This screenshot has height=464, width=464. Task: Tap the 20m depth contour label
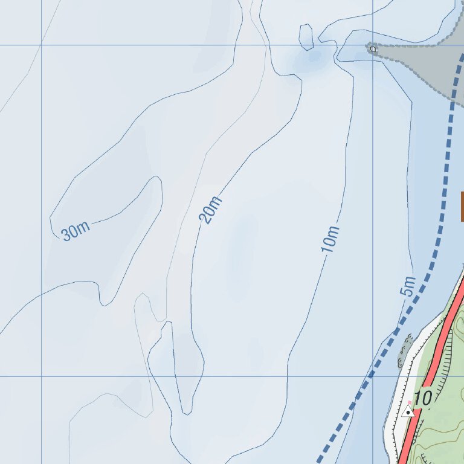point(210,210)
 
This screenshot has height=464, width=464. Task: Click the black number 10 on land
point(424,398)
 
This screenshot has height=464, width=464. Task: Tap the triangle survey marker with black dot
point(408,412)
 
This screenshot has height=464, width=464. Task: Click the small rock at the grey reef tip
point(373,49)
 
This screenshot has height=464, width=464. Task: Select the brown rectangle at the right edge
point(462,207)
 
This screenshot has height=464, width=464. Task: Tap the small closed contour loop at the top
point(306,37)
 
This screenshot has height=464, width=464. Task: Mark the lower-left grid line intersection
point(41,376)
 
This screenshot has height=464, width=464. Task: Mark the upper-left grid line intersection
point(41,45)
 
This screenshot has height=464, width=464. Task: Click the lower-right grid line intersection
point(372,376)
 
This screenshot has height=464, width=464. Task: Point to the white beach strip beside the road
point(399,393)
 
